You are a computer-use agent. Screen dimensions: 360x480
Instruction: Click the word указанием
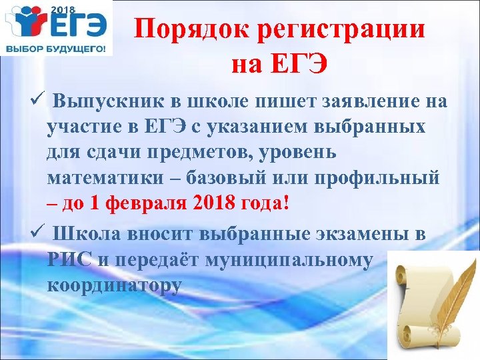264,127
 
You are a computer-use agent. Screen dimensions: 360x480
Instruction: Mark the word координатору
114,285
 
